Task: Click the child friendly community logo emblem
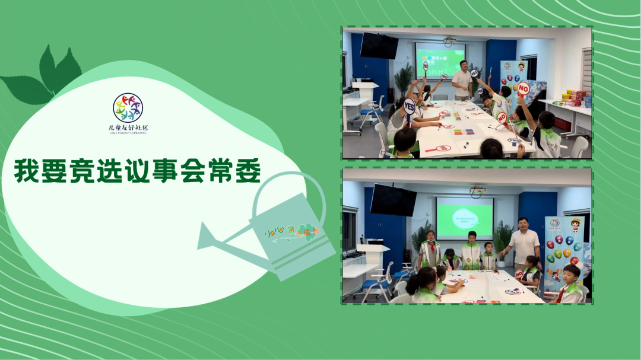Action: [128, 107]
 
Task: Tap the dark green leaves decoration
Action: [45, 77]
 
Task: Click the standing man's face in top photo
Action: [464, 65]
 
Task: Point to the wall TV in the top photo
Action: [379, 46]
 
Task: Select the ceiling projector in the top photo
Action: [449, 42]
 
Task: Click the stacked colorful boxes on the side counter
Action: [576, 97]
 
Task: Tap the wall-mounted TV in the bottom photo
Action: [393, 200]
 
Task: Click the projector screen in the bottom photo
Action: [465, 217]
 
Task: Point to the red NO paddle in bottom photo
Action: [519, 273]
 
